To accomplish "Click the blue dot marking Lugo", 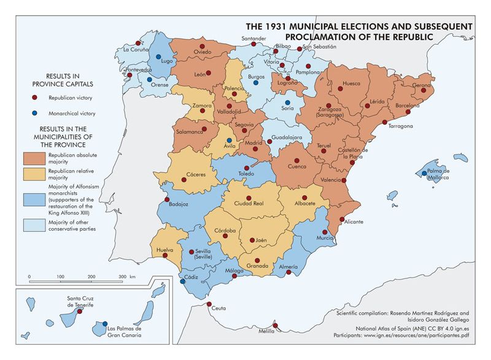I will pos(159,56).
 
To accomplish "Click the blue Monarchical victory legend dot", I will pos(36,113).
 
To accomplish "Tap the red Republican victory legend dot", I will pos(36,98).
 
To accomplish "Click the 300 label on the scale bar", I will pos(123,277).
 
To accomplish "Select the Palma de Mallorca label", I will pos(438,174).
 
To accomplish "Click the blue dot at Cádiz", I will pos(182,283).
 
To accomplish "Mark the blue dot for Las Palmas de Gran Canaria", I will pos(105,324).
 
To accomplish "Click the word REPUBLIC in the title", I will pos(397,37).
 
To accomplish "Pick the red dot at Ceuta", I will pos(209,305).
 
